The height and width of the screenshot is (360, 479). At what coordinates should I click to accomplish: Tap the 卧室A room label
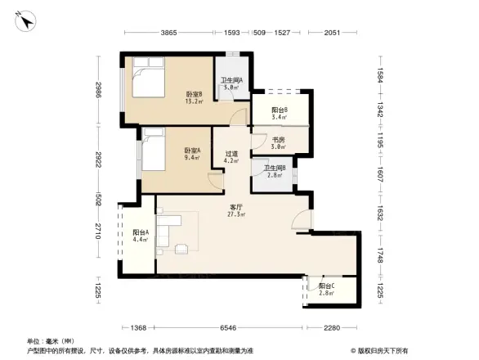(192, 154)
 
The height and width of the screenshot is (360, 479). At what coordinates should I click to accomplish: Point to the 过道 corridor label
(231, 156)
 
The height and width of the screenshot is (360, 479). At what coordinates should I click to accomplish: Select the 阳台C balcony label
(326, 288)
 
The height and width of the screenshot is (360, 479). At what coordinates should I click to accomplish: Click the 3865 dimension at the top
(168, 32)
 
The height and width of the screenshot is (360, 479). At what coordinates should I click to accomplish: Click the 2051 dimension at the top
(331, 32)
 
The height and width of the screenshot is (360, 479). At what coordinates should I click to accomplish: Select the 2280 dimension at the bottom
(329, 328)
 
